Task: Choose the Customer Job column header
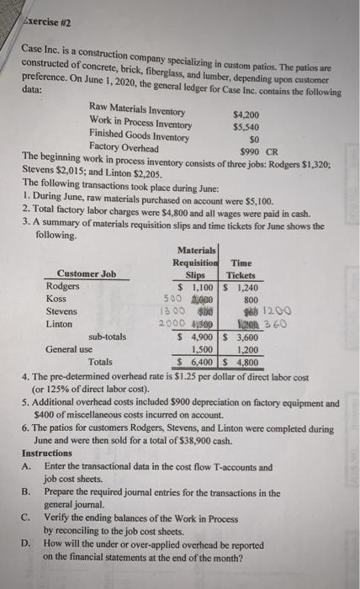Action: click(87, 274)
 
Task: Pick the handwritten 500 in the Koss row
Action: click(172, 298)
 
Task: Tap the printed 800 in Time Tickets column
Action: click(250, 297)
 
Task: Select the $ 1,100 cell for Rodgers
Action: click(199, 286)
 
